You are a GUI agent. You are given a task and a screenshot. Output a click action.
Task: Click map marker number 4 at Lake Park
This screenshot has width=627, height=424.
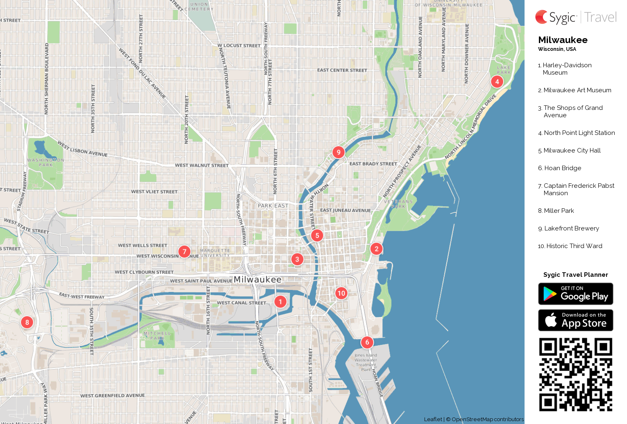pyautogui.click(x=497, y=82)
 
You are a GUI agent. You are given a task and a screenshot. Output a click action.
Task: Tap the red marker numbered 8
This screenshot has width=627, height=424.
pyautogui.click(x=27, y=322)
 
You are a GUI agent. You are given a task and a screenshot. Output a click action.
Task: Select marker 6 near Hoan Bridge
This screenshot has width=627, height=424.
pyautogui.click(x=367, y=342)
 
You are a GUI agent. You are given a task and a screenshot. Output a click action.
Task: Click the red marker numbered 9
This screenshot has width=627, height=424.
pyautogui.click(x=338, y=152)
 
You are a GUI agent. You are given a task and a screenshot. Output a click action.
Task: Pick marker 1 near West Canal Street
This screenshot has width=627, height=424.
pyautogui.click(x=280, y=302)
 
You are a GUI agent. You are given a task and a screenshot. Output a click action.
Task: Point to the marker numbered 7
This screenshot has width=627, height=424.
pyautogui.click(x=184, y=251)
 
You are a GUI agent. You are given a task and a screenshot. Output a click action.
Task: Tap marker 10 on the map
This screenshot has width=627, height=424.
pyautogui.click(x=341, y=293)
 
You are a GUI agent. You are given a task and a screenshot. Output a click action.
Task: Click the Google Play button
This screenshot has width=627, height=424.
pyautogui.click(x=575, y=294)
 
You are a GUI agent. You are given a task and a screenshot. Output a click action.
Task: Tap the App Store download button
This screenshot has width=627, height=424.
pyautogui.click(x=575, y=320)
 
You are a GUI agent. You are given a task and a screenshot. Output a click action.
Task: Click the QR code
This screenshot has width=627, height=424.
pyautogui.click(x=575, y=374)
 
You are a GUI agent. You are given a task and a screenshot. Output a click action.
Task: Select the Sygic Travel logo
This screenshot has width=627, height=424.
pyautogui.click(x=575, y=17)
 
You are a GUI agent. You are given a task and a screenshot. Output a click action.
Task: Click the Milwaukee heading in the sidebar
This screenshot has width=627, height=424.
pyautogui.click(x=563, y=40)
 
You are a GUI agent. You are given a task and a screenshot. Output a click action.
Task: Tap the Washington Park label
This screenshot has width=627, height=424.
pyautogui.click(x=45, y=162)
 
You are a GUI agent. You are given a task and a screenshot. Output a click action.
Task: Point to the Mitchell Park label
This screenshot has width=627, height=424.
pyautogui.click(x=157, y=336)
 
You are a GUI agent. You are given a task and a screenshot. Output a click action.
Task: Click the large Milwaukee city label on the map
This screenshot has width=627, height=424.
pyautogui.click(x=257, y=280)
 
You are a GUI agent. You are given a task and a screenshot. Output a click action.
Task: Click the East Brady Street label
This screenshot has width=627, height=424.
pyautogui.click(x=373, y=164)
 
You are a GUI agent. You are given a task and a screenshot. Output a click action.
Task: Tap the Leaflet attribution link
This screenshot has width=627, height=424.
pyautogui.click(x=433, y=419)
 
